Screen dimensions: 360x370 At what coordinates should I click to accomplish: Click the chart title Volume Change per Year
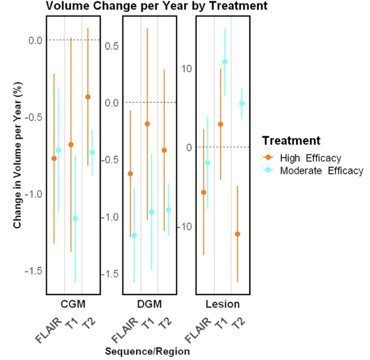coord(156,6)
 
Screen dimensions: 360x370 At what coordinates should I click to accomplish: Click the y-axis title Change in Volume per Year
coord(18,154)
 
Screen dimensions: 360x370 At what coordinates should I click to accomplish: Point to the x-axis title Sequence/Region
coord(148,351)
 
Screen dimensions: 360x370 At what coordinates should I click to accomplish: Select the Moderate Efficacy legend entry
coord(321,171)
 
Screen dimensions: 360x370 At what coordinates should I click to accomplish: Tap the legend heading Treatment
coord(291,141)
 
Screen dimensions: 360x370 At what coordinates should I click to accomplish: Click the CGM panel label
coord(73,304)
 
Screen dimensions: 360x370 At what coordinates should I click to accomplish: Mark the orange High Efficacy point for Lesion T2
coord(238,234)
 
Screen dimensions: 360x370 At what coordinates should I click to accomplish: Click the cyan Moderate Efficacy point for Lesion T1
coord(225,62)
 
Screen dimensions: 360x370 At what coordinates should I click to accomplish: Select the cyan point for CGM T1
coord(75,218)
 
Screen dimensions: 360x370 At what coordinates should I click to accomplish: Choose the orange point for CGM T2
coord(88,97)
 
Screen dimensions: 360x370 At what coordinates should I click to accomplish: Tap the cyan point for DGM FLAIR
coord(134,235)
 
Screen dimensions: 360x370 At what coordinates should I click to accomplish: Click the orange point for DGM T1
coord(147,124)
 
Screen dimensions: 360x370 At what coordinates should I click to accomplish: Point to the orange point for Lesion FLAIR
coord(204,192)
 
